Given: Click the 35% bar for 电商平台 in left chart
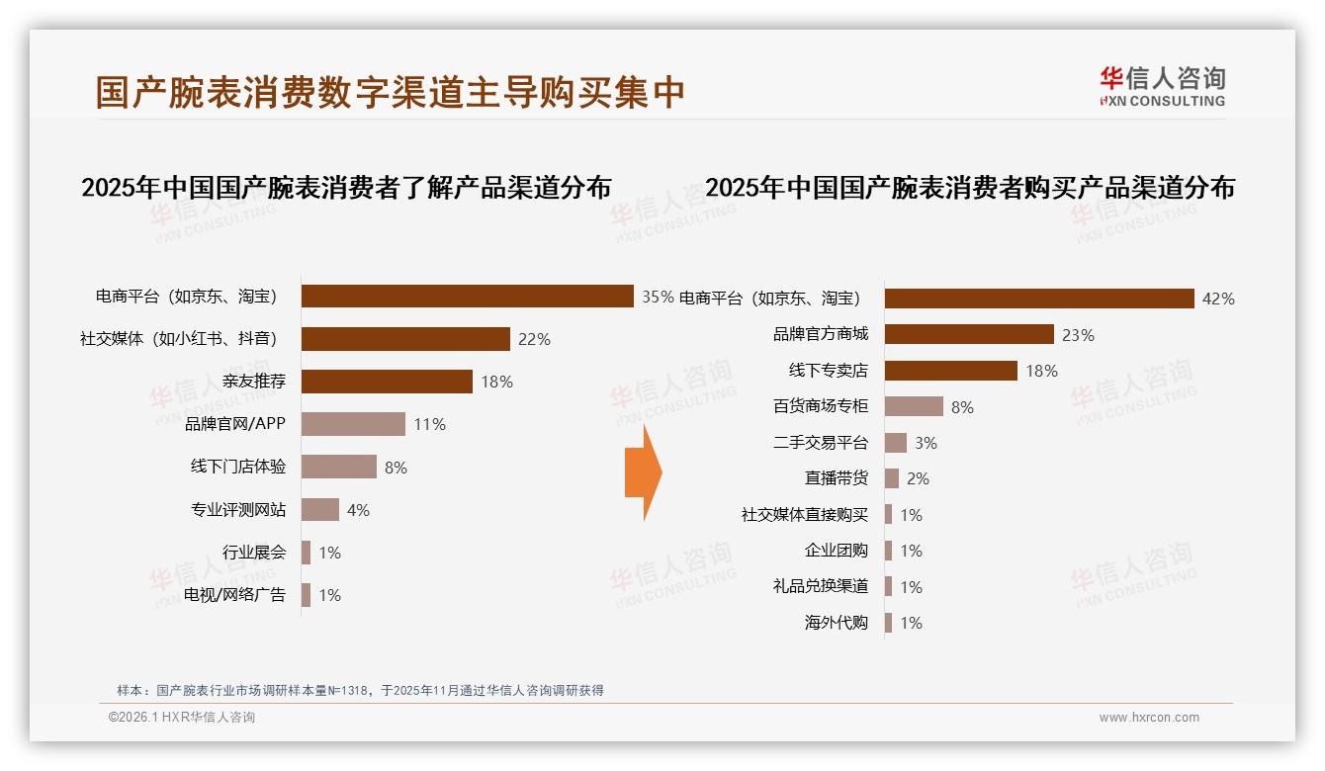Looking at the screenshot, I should tap(467, 297).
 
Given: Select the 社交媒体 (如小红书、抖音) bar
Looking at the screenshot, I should tap(405, 339).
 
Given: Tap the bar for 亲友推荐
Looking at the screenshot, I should tap(387, 382).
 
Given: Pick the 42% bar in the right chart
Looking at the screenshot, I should tap(1039, 299).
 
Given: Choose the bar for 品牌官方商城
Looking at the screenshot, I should tap(969, 334).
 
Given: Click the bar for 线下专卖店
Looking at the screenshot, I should tap(950, 371).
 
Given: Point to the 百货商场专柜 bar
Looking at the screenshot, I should tap(914, 406).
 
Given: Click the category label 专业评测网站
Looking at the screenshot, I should tap(238, 510).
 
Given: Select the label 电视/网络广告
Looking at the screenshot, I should tap(234, 595).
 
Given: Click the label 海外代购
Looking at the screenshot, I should tap(836, 623).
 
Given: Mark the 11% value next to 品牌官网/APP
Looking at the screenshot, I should tap(429, 425).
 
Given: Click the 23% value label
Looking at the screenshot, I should tap(1078, 335).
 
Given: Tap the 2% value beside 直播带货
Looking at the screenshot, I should tap(918, 479).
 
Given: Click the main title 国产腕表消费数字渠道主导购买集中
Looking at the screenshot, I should tap(391, 92).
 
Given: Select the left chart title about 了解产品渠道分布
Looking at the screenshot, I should tap(346, 188).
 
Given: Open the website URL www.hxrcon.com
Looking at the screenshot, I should tap(1149, 718).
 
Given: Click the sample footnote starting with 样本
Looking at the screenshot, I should tap(360, 691).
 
